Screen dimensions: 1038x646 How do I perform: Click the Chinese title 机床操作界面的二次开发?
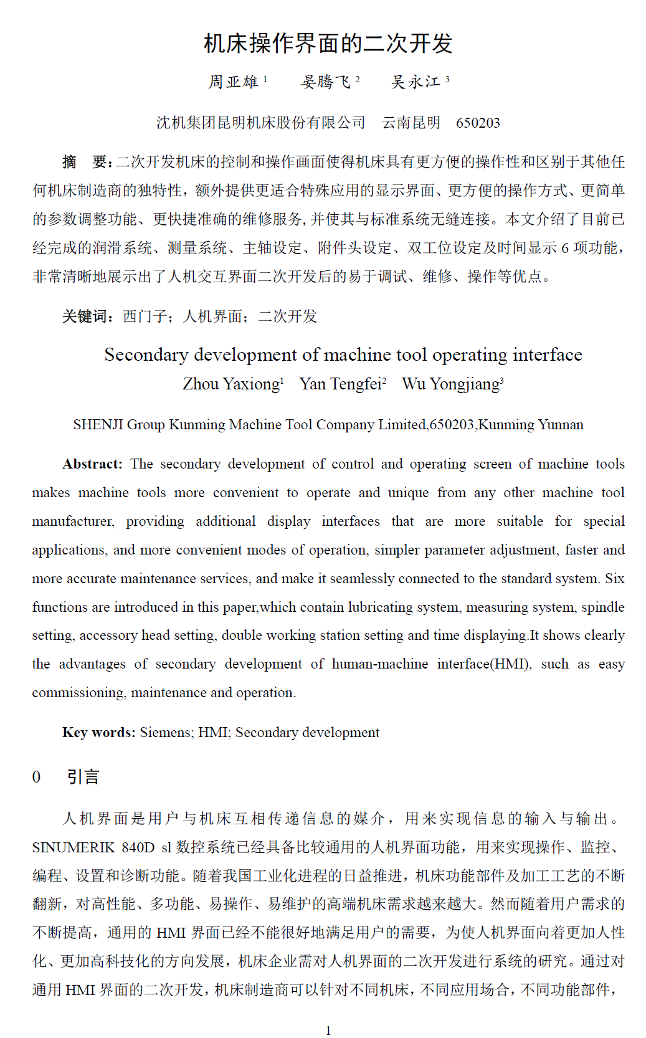click(x=328, y=44)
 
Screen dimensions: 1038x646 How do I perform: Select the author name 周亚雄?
click(x=234, y=82)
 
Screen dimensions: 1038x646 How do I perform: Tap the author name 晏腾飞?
click(x=326, y=82)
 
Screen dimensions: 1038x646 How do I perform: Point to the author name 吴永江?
click(x=416, y=82)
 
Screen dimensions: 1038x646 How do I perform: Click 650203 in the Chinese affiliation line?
click(x=478, y=123)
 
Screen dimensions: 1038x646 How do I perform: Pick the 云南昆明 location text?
click(x=411, y=123)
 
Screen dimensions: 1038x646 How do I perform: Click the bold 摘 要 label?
click(x=86, y=162)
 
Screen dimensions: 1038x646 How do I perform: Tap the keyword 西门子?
click(x=145, y=317)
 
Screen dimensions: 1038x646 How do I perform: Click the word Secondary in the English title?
click(x=146, y=355)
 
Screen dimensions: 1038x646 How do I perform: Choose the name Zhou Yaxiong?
click(x=231, y=384)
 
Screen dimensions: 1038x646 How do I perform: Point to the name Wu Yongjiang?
click(x=450, y=384)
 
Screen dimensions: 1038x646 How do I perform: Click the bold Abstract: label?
click(x=92, y=464)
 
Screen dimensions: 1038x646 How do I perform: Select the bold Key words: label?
click(x=98, y=732)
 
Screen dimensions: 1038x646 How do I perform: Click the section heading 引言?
click(x=83, y=777)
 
